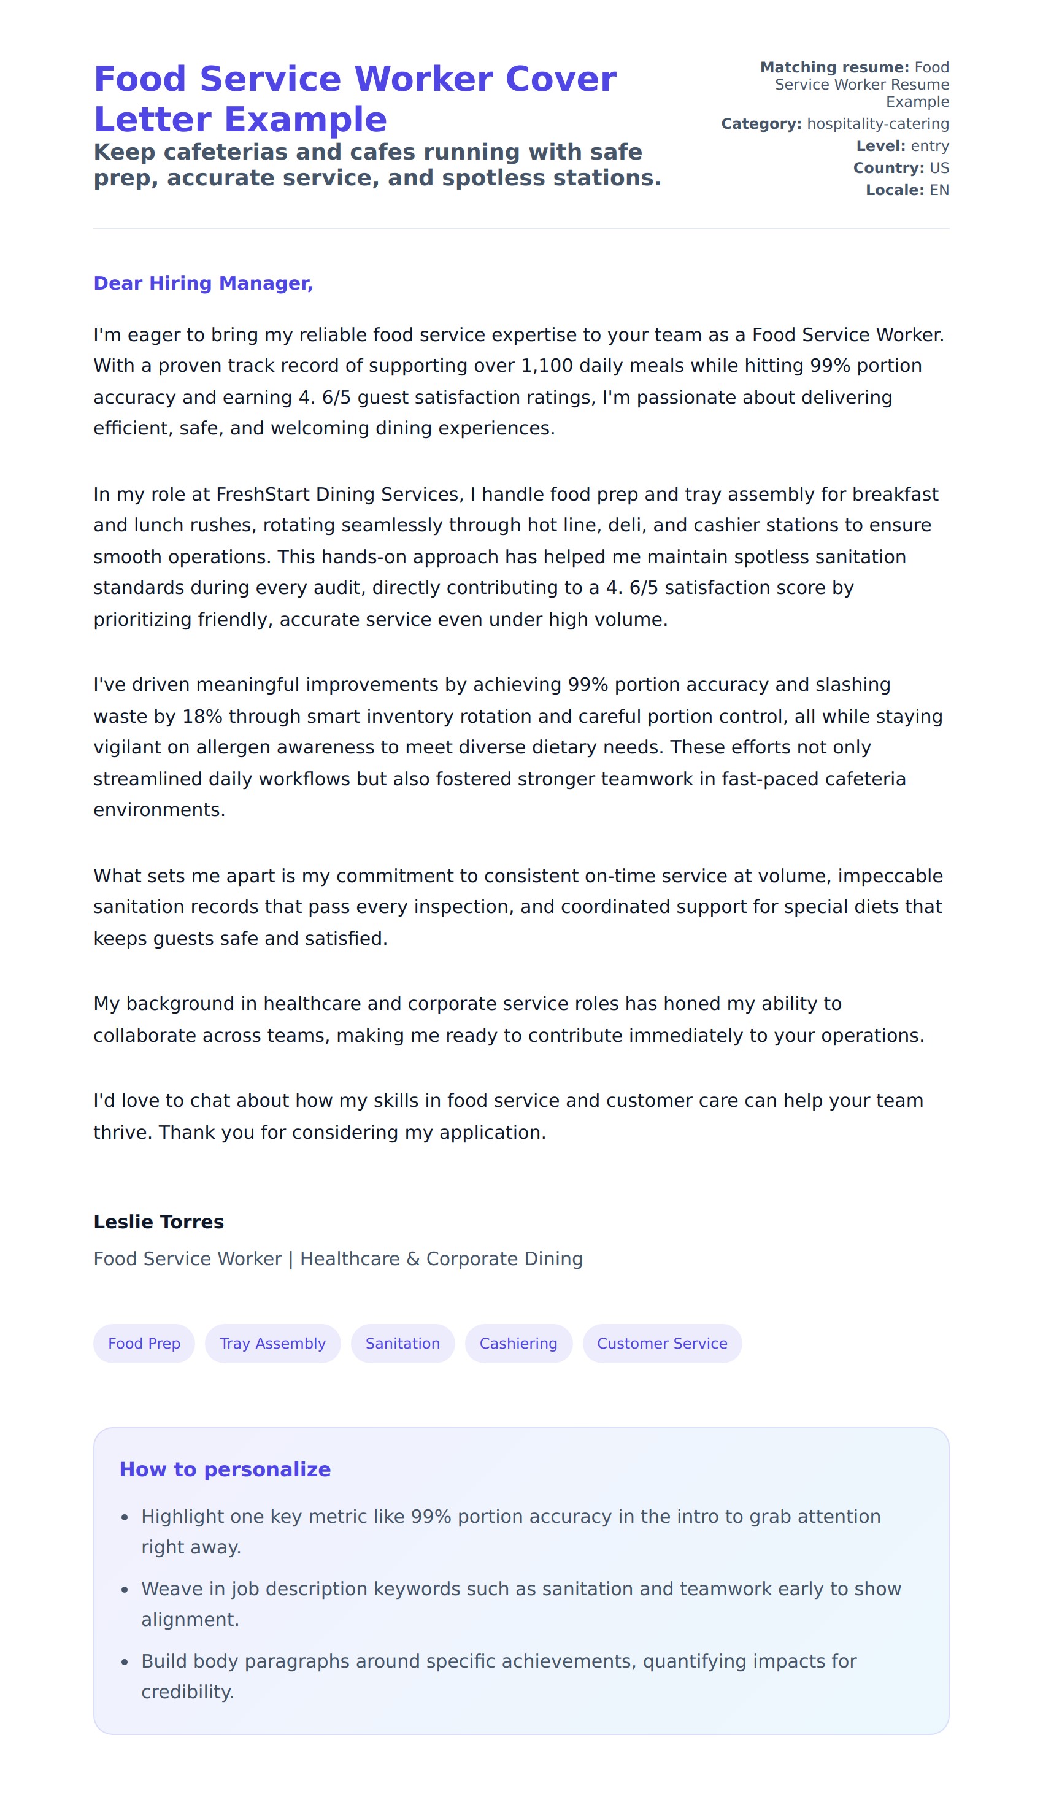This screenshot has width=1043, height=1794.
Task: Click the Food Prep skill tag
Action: point(144,1344)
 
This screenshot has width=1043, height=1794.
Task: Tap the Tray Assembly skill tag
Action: point(272,1344)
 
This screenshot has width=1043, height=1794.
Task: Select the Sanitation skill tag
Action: point(402,1344)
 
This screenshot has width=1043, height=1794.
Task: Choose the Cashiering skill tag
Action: point(518,1344)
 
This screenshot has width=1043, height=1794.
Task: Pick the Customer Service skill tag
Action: point(662,1344)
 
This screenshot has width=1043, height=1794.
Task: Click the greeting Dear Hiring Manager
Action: point(203,283)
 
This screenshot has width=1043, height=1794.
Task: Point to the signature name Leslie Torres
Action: point(159,1222)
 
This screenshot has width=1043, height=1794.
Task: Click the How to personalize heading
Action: point(225,1469)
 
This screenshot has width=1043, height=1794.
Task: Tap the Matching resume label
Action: point(834,67)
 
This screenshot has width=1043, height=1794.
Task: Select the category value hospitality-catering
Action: point(878,124)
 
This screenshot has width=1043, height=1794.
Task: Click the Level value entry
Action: point(929,146)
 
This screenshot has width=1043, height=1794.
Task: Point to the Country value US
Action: point(939,168)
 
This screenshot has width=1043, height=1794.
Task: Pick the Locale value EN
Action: point(939,190)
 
